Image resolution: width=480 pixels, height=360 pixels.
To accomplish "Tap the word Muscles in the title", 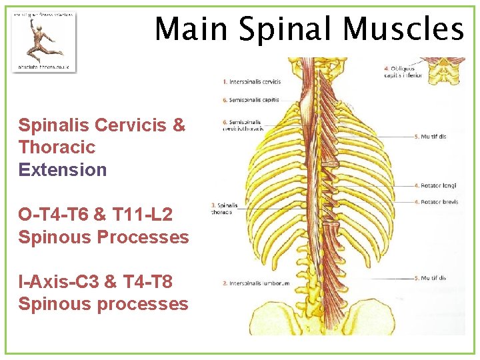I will pyautogui.click(x=404, y=29).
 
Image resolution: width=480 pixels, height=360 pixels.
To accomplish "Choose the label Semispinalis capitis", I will pyautogui.click(x=253, y=100).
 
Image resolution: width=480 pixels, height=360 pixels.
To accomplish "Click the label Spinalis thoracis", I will pyautogui.click(x=223, y=209).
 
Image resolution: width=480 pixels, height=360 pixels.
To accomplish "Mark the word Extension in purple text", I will pyautogui.click(x=63, y=169).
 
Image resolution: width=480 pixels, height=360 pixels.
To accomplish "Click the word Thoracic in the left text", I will pyautogui.click(x=57, y=147).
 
